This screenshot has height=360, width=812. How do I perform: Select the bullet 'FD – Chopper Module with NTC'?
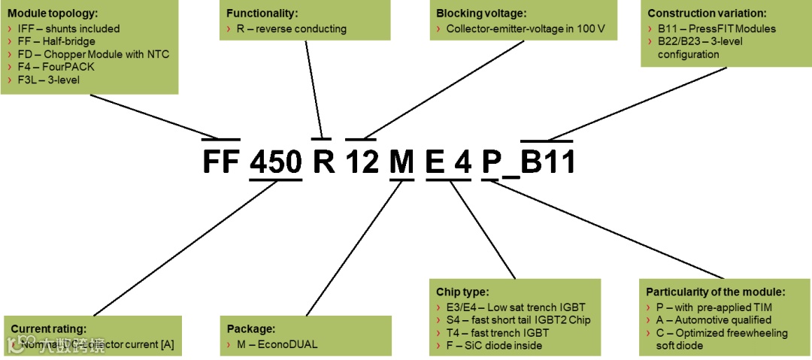click(x=90, y=54)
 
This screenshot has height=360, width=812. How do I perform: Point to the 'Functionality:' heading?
click(x=262, y=14)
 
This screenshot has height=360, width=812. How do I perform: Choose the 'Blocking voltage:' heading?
click(x=481, y=14)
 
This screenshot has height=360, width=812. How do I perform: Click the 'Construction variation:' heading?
click(x=707, y=14)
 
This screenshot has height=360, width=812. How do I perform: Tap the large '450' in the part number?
click(x=275, y=162)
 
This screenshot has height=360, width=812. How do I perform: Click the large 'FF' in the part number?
click(x=221, y=162)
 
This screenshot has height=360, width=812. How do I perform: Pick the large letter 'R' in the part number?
click(x=323, y=162)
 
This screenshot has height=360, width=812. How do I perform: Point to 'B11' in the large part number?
click(x=549, y=162)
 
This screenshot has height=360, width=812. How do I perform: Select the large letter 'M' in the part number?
click(x=401, y=162)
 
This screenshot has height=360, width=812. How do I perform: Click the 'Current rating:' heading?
click(x=48, y=328)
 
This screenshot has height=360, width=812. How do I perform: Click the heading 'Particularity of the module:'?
click(x=716, y=292)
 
